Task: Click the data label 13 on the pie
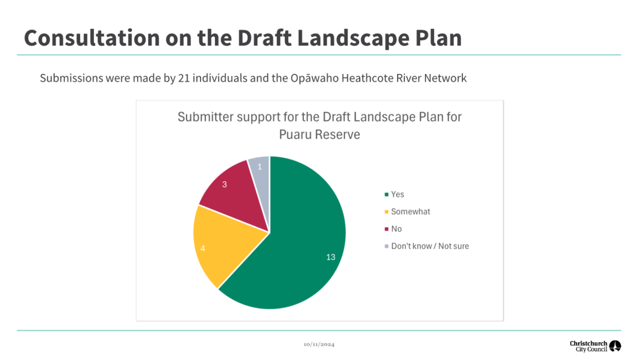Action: [x=331, y=257]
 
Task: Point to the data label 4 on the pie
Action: [x=203, y=248]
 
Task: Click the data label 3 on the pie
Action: [x=224, y=184]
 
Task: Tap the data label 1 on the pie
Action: [x=260, y=167]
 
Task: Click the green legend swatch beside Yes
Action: [x=387, y=194]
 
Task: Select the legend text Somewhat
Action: [x=410, y=211]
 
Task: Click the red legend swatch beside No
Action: [x=387, y=229]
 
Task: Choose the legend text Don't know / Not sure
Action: [x=430, y=246]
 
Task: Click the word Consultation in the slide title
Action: [x=92, y=38]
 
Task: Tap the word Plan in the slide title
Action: [x=438, y=38]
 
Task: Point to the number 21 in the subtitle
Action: [x=184, y=78]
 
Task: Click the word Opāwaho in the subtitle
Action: [x=315, y=78]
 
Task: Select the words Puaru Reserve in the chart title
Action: [x=319, y=135]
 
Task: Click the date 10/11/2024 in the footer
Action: [x=319, y=345]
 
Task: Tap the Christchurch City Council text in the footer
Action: [x=589, y=346]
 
